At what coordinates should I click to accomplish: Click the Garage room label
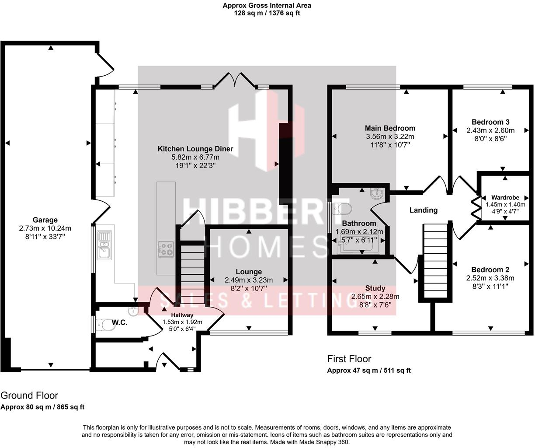tap(45, 220)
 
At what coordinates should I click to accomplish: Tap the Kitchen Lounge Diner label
tap(195, 149)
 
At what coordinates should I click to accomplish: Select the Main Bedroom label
tap(390, 128)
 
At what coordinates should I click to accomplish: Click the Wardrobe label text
tap(505, 198)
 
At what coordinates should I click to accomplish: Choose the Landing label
tap(423, 210)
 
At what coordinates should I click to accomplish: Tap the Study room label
tap(375, 288)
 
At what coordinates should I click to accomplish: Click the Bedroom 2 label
tap(490, 270)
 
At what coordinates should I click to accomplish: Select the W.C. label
tap(119, 323)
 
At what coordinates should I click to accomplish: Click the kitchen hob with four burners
tap(166, 249)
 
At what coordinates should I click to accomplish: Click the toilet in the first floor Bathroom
tap(342, 209)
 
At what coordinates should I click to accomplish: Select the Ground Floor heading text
tap(29, 395)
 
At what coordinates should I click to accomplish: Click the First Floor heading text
tap(349, 359)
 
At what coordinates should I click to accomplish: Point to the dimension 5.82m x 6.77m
tap(195, 157)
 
